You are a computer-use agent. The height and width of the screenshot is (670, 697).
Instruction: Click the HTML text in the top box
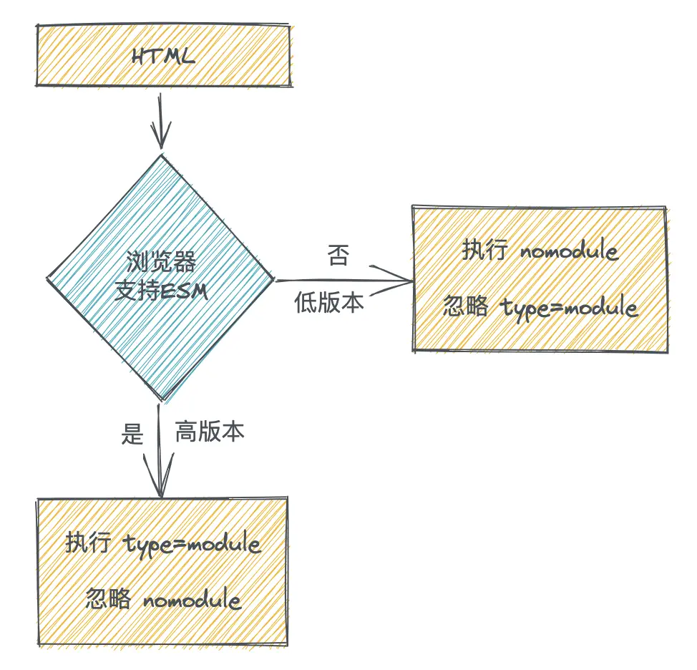tap(163, 57)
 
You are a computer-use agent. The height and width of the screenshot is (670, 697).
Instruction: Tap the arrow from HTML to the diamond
tap(160, 121)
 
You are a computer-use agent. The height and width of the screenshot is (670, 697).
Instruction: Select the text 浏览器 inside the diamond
tap(161, 261)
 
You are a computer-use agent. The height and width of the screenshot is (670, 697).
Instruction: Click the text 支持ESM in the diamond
tap(161, 291)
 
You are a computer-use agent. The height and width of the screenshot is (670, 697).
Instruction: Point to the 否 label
tap(338, 255)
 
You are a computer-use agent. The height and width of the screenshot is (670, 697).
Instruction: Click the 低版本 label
tap(329, 302)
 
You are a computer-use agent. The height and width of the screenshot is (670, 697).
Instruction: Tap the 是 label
tap(132, 434)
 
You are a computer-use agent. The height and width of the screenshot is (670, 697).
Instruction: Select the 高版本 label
tap(210, 431)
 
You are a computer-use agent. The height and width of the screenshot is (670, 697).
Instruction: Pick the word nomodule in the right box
tap(570, 251)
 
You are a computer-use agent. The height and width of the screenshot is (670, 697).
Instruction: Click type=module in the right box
tap(570, 307)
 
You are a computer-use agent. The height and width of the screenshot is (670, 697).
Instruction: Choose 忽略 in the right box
tap(465, 306)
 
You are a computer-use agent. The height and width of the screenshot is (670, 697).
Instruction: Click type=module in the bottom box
tap(192, 543)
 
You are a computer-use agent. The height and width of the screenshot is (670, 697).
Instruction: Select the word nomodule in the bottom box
tap(192, 599)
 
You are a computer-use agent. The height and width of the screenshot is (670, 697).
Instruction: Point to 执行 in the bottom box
tap(87, 542)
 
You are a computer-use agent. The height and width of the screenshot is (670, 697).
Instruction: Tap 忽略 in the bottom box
tap(108, 598)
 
